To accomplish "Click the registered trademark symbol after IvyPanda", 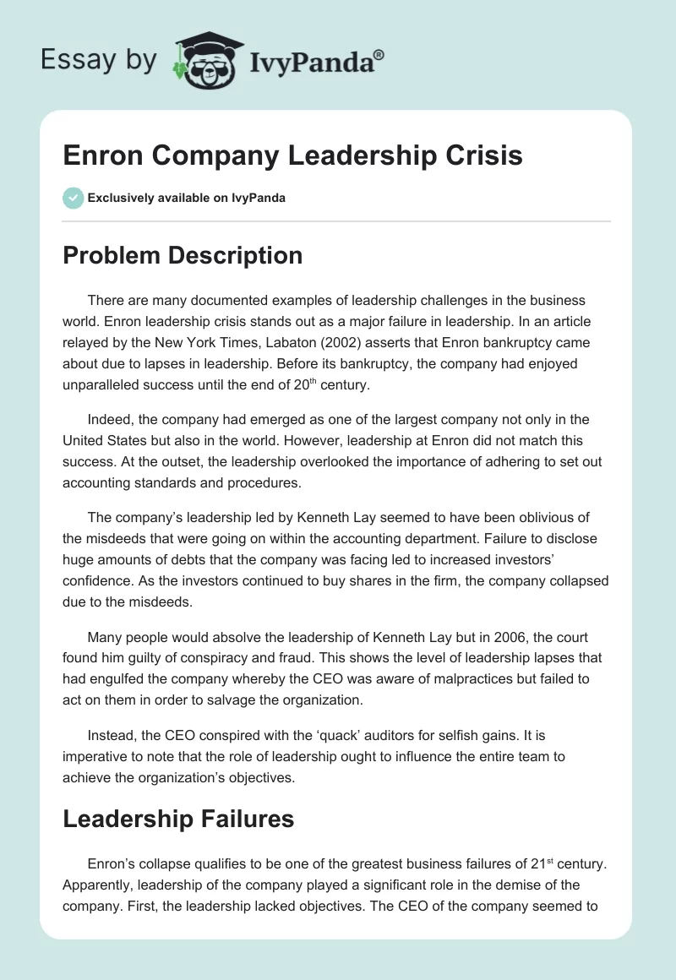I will [x=379, y=53].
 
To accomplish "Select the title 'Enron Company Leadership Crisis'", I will [x=292, y=155].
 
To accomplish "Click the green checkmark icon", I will [x=73, y=198].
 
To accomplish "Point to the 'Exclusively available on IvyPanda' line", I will [x=186, y=199].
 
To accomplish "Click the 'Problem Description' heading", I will [x=183, y=255].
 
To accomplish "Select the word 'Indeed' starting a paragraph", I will [x=107, y=420].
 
